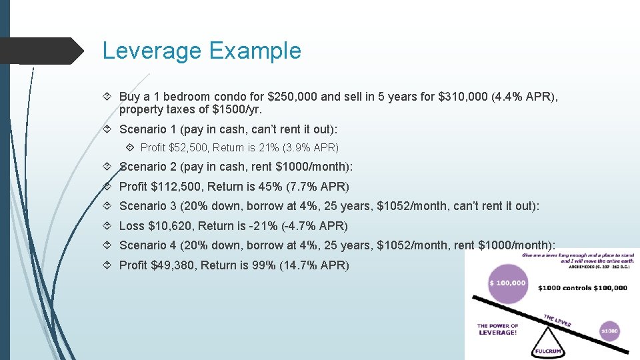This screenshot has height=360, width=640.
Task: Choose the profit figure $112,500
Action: [x=172, y=187]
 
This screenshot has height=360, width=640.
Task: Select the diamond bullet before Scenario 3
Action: [x=109, y=207]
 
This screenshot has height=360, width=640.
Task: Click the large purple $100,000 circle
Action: [x=508, y=283]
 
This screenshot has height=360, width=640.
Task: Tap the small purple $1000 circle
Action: [x=609, y=331]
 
